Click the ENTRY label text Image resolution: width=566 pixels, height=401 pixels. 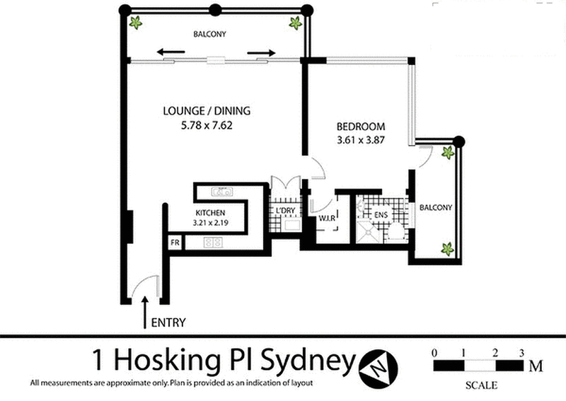pyautogui.click(x=168, y=322)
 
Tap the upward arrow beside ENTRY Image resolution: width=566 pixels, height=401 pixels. pyautogui.click(x=146, y=312)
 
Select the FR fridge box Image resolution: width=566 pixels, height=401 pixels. pyautogui.click(x=174, y=243)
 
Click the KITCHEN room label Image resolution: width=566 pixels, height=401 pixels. pyautogui.click(x=210, y=213)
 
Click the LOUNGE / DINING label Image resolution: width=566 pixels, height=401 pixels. pyautogui.click(x=207, y=111)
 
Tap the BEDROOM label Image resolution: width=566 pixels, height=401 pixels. pyautogui.click(x=360, y=126)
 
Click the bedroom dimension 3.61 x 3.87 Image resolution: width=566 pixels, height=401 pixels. pyautogui.click(x=360, y=140)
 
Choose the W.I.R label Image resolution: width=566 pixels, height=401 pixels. pyautogui.click(x=327, y=218)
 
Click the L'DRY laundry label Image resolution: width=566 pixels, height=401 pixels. pyautogui.click(x=286, y=210)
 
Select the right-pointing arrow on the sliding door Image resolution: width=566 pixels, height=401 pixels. pyautogui.click(x=261, y=52)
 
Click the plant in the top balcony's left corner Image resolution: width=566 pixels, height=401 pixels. pyautogui.click(x=135, y=23)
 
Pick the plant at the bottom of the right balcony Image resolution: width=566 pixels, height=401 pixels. pyautogui.click(x=447, y=248)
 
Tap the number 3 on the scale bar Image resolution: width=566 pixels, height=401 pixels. pyautogui.click(x=521, y=352)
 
